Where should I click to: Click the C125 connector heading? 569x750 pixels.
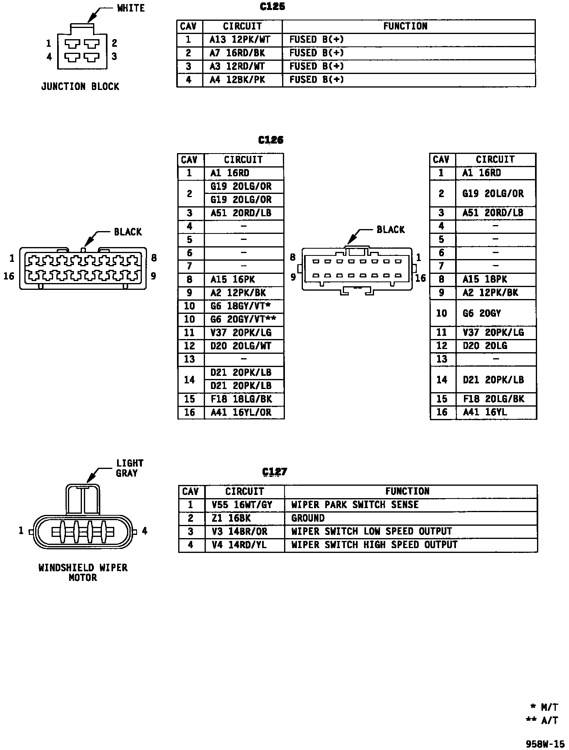[x=272, y=7]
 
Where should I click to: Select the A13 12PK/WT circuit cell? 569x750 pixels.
[x=240, y=40]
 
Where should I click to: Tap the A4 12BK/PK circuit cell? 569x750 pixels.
[x=237, y=80]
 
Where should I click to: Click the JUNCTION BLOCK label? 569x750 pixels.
[x=80, y=87]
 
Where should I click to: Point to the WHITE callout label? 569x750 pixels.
[x=131, y=8]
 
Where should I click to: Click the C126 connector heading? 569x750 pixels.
[x=271, y=140]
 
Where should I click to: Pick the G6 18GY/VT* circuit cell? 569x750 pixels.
[x=241, y=306]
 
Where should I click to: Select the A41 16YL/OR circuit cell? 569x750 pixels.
[x=241, y=412]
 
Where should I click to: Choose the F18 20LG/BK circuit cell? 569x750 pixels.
[x=493, y=399]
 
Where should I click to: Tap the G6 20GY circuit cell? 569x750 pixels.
[x=481, y=313]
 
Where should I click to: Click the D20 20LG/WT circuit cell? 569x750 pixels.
[x=241, y=346]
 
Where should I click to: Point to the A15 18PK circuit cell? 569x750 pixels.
[x=485, y=279]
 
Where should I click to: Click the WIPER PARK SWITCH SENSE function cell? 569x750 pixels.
[x=355, y=505]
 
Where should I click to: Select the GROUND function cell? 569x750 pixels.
[x=308, y=519]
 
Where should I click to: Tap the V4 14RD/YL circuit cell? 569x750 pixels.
[x=239, y=545]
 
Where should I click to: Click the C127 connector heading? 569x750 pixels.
[x=275, y=472]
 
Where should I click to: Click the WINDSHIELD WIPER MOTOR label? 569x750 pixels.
[x=83, y=572]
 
